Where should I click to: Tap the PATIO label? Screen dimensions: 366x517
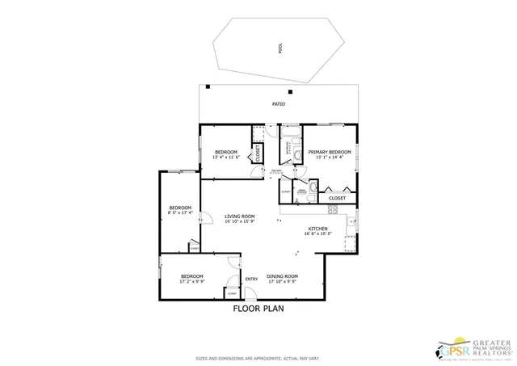(x=278, y=104)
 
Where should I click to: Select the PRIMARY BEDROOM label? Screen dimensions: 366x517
(x=330, y=152)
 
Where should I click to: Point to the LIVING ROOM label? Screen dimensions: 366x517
(x=239, y=217)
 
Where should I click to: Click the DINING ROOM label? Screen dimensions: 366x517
(x=282, y=277)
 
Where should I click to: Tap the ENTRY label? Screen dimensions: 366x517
(x=251, y=279)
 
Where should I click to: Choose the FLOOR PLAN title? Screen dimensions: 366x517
(x=258, y=308)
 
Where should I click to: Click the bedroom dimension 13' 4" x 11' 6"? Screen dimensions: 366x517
(x=227, y=158)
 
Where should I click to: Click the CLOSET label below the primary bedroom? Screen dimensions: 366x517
(x=337, y=198)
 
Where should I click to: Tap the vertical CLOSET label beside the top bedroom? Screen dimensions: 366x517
(x=257, y=153)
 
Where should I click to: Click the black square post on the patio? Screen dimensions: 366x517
(x=208, y=86)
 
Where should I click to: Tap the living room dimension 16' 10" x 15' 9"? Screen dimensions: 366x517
(x=239, y=222)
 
